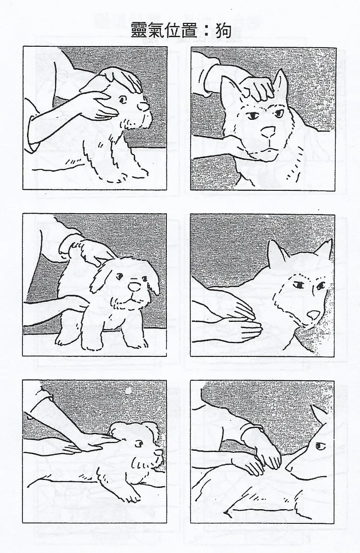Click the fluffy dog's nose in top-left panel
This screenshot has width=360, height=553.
[x=143, y=106]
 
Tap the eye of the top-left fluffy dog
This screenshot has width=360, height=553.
[x=122, y=100]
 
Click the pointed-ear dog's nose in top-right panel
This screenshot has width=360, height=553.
[x=268, y=132]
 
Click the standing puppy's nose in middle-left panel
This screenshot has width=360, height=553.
[x=134, y=286]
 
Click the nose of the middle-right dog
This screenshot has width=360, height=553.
[x=313, y=314]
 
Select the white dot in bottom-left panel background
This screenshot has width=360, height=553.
[x=129, y=391]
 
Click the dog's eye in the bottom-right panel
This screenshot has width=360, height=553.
[x=320, y=446]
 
